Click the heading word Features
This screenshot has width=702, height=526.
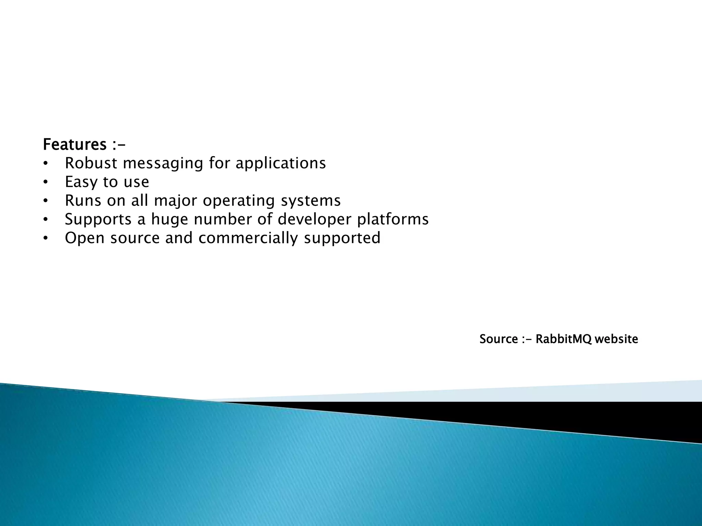pyautogui.click(x=74, y=145)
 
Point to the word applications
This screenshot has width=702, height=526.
pyautogui.click(x=280, y=164)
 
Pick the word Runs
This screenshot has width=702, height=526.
pyautogui.click(x=83, y=201)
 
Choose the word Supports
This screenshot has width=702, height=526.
pyautogui.click(x=98, y=220)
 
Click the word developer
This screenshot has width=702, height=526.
pyautogui.click(x=314, y=220)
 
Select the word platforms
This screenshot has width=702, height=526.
pyautogui.click(x=393, y=220)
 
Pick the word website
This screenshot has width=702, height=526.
pyautogui.click(x=616, y=339)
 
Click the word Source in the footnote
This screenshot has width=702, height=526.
pyautogui.click(x=498, y=339)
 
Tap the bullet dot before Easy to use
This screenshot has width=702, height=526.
pyautogui.click(x=46, y=183)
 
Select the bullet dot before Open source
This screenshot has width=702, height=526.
pyautogui.click(x=46, y=239)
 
